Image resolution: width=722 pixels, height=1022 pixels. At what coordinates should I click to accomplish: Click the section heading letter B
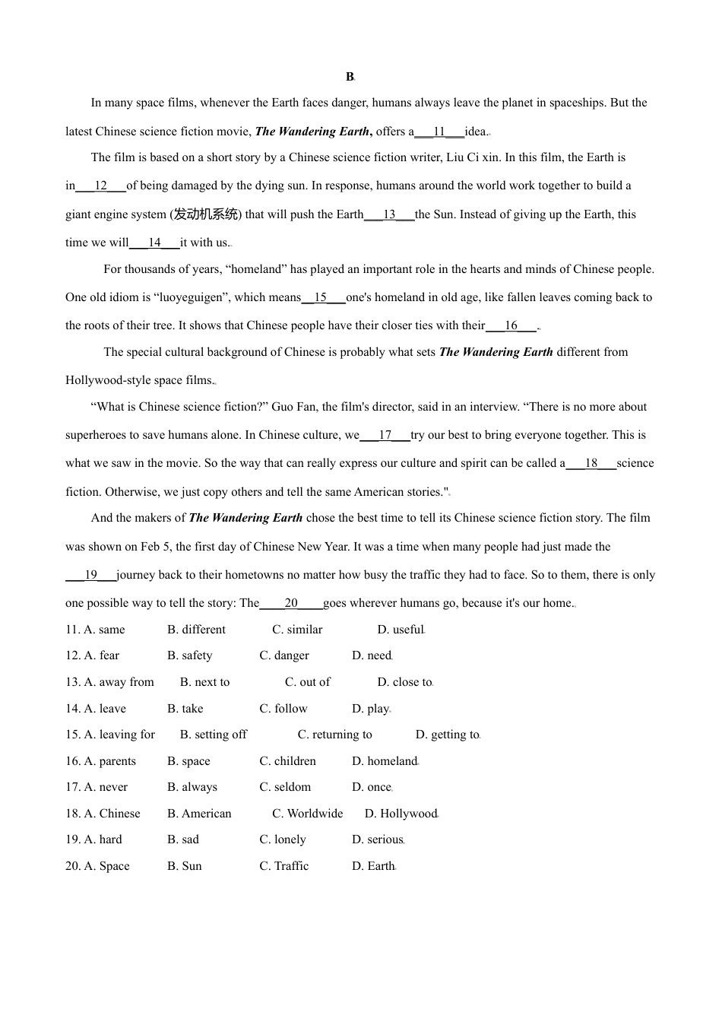click(350, 77)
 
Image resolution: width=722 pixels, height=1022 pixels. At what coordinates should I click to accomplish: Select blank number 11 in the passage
click(439, 132)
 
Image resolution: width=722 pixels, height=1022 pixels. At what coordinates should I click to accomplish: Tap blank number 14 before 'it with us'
click(154, 243)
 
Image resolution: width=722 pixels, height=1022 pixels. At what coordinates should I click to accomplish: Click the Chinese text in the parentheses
click(205, 214)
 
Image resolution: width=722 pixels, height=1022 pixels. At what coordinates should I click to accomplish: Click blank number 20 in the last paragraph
click(291, 603)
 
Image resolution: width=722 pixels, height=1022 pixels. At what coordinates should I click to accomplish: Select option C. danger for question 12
click(284, 655)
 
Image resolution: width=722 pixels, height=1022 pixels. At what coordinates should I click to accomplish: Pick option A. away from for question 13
click(110, 682)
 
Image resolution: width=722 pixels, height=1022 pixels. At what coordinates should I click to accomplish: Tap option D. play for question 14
click(370, 709)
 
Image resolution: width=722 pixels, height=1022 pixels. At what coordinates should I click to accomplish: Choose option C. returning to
click(334, 735)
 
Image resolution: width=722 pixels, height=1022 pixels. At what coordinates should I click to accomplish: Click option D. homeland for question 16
click(385, 761)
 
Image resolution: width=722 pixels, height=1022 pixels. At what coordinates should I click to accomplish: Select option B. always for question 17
click(192, 787)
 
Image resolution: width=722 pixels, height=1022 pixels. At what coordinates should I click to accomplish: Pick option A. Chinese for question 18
click(103, 814)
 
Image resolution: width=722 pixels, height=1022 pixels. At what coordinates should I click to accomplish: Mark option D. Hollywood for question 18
click(401, 814)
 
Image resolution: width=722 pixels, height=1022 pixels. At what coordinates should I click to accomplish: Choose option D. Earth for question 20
click(373, 866)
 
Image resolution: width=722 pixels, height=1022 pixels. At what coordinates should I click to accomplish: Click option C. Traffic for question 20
click(284, 866)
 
